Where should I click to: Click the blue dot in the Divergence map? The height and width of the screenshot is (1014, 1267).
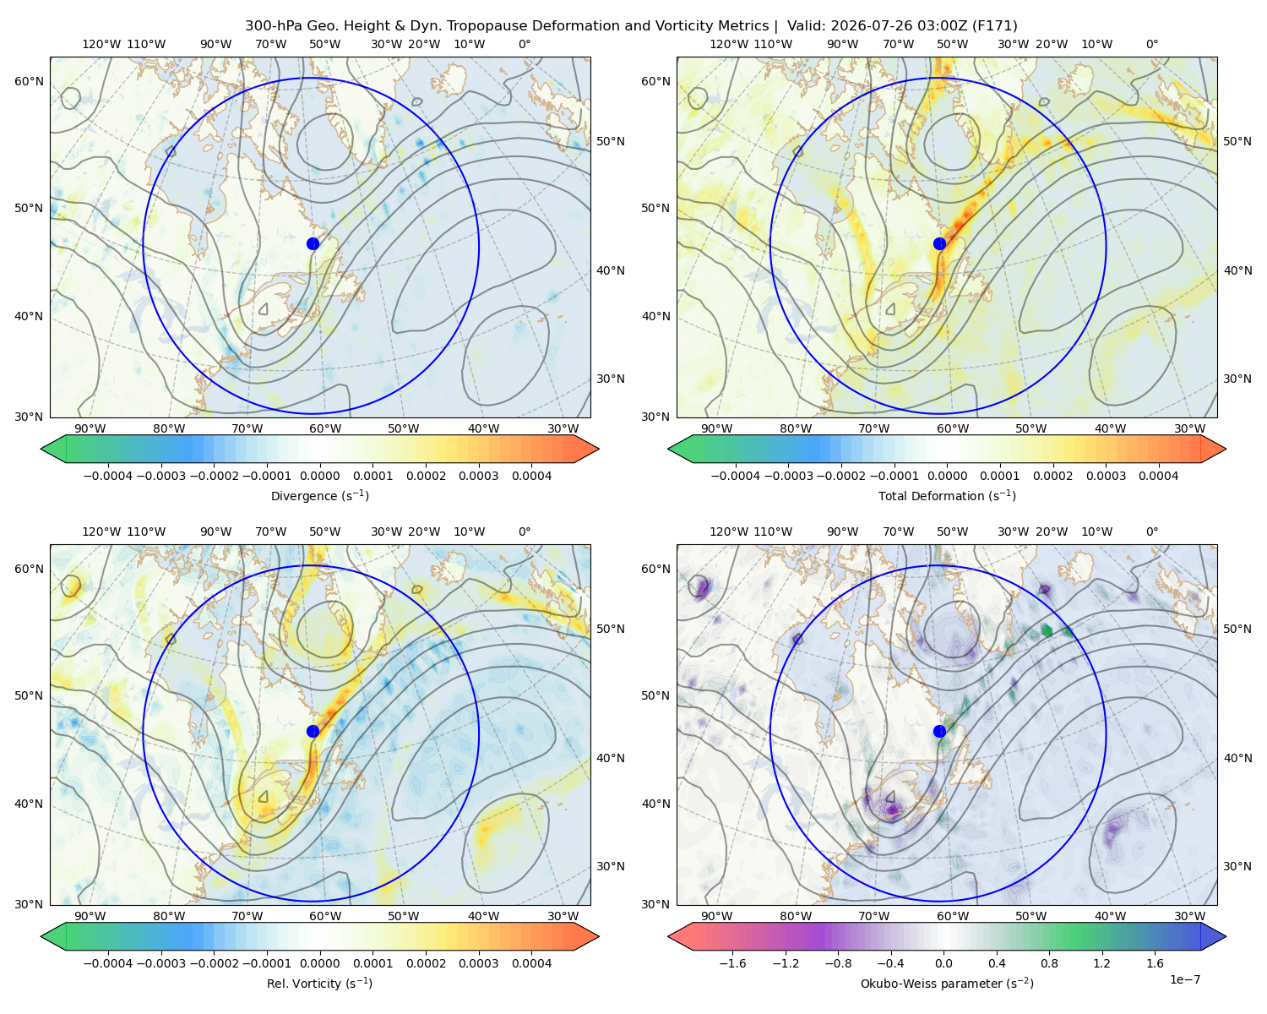313,244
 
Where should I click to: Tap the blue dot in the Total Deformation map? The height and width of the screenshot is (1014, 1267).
939,244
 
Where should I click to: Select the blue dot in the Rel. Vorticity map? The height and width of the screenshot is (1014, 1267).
313,731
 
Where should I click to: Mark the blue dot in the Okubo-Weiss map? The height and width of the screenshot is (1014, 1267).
939,731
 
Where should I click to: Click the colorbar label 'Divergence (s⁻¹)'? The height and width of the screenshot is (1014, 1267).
319,495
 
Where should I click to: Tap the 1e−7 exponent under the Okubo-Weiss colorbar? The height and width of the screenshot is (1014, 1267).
1184,979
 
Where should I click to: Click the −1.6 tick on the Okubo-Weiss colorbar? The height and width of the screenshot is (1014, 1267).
733,963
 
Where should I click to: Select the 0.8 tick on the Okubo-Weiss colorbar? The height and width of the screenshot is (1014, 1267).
1049,963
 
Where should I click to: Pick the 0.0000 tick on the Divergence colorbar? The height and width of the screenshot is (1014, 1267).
319,476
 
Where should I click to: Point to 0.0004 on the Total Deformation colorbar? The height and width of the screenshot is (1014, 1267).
1159,476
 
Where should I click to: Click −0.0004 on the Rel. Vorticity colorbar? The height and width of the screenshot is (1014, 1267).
108,963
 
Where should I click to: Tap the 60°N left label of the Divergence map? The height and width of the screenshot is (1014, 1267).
29,81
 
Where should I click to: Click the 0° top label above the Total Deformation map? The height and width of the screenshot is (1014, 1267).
1151,44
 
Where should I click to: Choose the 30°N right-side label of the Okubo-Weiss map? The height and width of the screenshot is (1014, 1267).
1237,866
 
